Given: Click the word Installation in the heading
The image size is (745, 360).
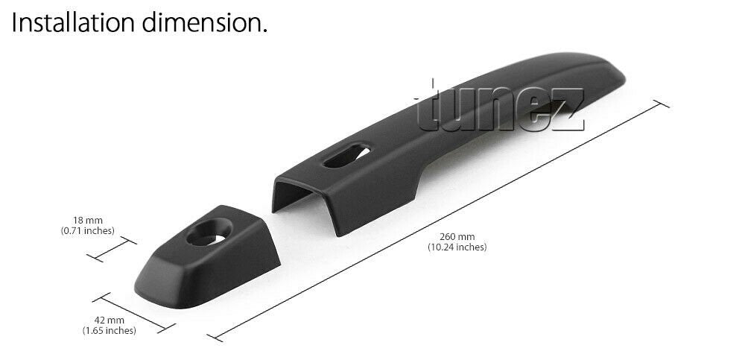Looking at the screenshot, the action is [73, 22].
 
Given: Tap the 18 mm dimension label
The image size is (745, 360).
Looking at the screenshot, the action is [87, 221].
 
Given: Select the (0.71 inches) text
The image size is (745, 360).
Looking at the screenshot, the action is [87, 231].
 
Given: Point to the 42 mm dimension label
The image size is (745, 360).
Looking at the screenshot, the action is [110, 320].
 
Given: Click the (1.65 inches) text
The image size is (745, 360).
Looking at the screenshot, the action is [110, 330].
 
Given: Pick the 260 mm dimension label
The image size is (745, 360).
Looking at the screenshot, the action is [457, 237].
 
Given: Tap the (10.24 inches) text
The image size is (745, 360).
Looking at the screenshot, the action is [457, 247].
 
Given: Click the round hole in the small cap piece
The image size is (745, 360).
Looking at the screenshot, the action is [209, 232].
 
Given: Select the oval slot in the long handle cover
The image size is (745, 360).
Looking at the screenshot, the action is [346, 156].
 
